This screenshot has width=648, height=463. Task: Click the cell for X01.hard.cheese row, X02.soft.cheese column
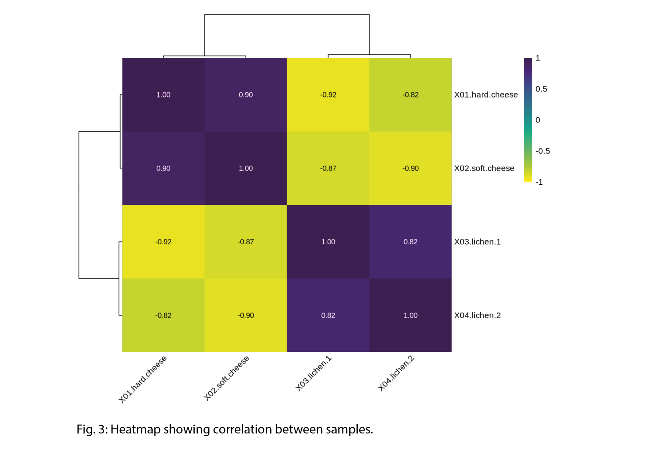pyautogui.click(x=246, y=95)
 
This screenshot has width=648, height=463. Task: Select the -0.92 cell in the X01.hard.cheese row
pyautogui.click(x=328, y=95)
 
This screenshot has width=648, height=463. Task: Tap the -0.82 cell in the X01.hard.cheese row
pyautogui.click(x=410, y=95)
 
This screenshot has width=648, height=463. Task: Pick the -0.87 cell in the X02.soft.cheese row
pyautogui.click(x=328, y=168)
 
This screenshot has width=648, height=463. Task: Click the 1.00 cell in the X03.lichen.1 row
pyautogui.click(x=328, y=242)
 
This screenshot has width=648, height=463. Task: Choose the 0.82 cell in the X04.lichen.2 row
pyautogui.click(x=328, y=315)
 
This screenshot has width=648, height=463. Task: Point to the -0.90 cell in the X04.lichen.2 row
pyautogui.click(x=246, y=315)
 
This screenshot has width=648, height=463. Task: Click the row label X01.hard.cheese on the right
pyautogui.click(x=486, y=95)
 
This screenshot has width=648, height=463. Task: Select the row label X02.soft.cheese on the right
pyautogui.click(x=484, y=168)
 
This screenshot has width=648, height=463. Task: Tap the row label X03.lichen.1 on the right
pyautogui.click(x=477, y=242)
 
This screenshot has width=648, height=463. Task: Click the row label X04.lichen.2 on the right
pyautogui.click(x=477, y=315)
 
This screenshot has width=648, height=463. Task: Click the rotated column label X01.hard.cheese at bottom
pyautogui.click(x=143, y=379)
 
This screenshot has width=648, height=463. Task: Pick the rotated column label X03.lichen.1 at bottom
pyautogui.click(x=314, y=373)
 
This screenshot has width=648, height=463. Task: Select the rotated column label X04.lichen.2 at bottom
pyautogui.click(x=396, y=373)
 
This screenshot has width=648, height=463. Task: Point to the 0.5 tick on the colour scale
pyautogui.click(x=541, y=89)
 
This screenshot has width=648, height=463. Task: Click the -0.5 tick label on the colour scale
pyautogui.click(x=542, y=151)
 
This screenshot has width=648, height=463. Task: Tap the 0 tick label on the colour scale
pyautogui.click(x=538, y=120)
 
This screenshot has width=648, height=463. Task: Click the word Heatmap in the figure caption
pyautogui.click(x=135, y=429)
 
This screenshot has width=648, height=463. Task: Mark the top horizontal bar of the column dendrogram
pyautogui.click(x=287, y=15)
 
